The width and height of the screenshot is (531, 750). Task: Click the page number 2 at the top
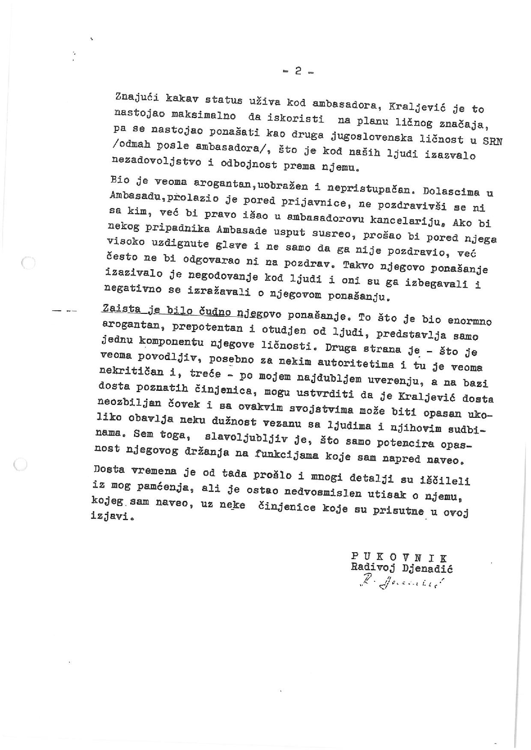pyautogui.click(x=298, y=72)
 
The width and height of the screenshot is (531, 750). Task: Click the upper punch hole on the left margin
pyautogui.click(x=28, y=263)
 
